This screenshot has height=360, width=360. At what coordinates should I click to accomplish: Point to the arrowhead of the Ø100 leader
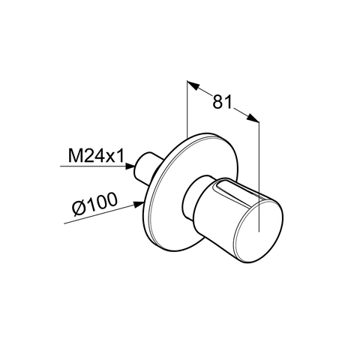click(142, 201)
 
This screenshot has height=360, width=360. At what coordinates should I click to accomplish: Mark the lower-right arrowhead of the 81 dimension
click(253, 121)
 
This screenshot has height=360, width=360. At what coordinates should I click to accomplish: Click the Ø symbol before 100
click(80, 204)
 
